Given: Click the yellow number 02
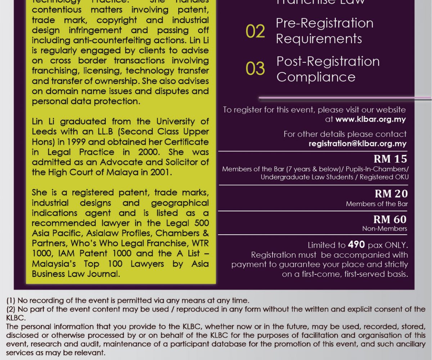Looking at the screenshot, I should [x=255, y=31].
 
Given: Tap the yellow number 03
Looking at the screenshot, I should [x=255, y=69].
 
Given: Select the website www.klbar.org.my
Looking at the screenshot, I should [x=370, y=119].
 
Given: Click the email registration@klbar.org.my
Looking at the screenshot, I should [x=357, y=144].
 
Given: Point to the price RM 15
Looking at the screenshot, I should [x=390, y=159].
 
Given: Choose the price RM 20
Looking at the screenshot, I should [x=391, y=194].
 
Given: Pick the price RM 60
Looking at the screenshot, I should [x=390, y=219].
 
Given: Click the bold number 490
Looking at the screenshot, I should [x=357, y=245].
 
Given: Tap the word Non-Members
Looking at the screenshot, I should [x=384, y=229].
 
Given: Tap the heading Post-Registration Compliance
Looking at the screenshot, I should [x=328, y=69].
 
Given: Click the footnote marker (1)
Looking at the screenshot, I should [x=11, y=300].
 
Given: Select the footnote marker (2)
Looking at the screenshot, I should [x=11, y=309].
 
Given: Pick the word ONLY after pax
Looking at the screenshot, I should [x=395, y=245].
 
